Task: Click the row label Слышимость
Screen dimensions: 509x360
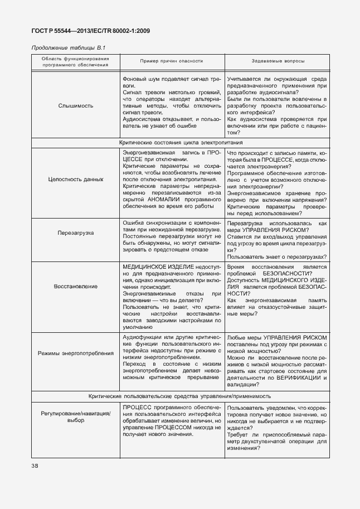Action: click(x=76, y=105)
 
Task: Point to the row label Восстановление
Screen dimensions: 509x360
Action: click(x=76, y=286)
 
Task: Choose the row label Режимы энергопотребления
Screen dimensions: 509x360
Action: click(x=76, y=353)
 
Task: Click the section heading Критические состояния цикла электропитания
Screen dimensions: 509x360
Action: click(x=180, y=143)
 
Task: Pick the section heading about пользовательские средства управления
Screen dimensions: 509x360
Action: click(x=180, y=396)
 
